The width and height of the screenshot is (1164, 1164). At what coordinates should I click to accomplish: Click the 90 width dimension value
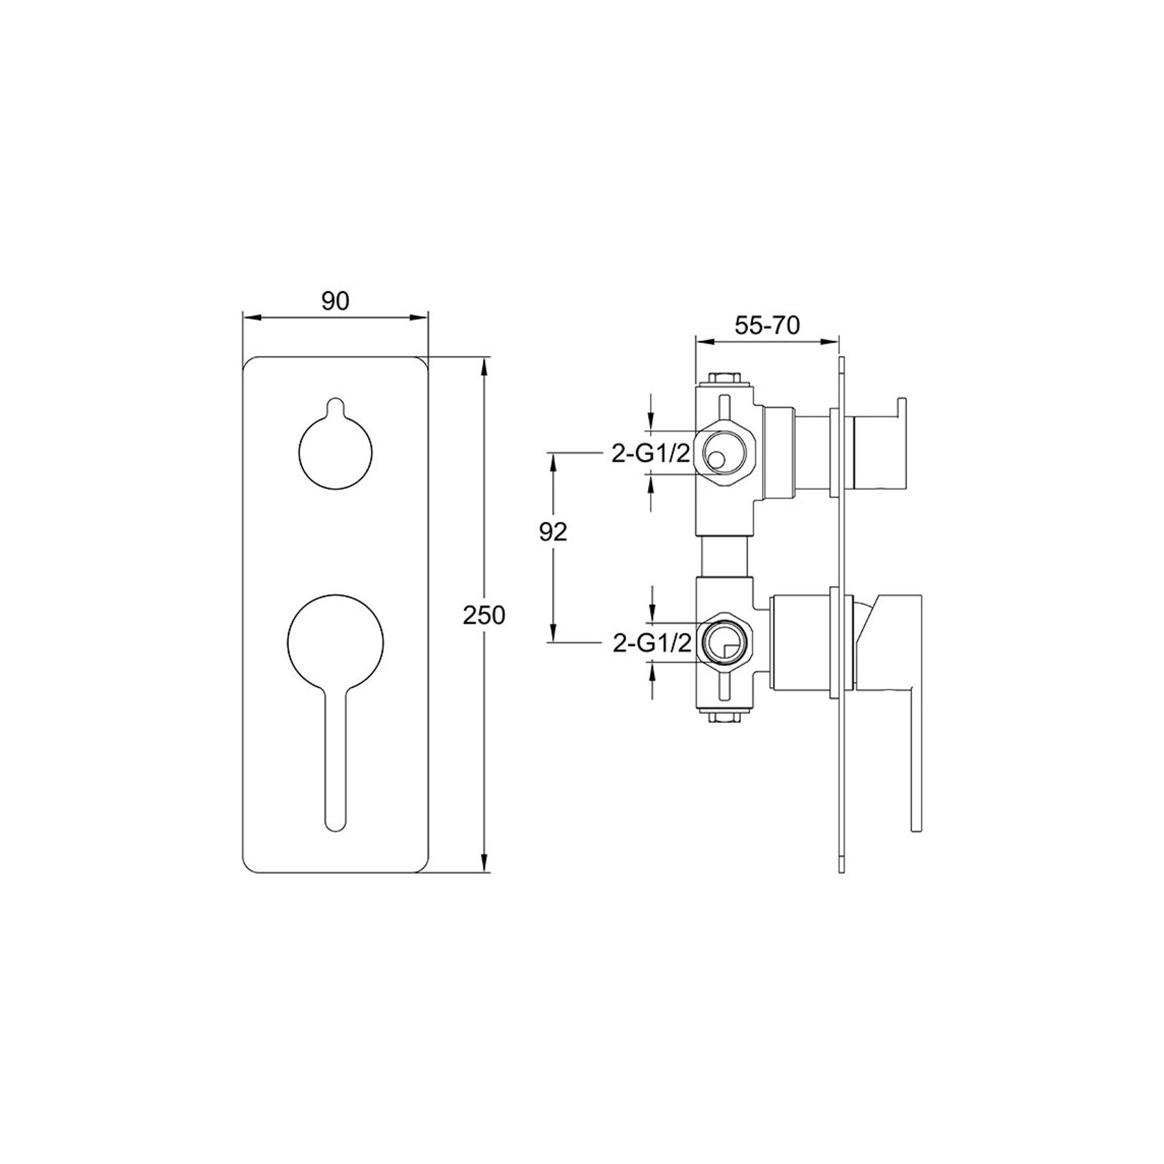(335, 301)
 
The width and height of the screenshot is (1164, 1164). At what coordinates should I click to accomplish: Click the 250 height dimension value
(484, 615)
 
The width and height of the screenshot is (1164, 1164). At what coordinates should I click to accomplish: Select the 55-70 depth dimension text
(767, 325)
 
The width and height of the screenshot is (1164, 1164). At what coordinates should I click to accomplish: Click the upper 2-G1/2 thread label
(650, 454)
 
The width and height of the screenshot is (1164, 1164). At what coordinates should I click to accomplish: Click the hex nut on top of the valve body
(724, 379)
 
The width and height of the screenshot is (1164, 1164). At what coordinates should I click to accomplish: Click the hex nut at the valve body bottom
(724, 718)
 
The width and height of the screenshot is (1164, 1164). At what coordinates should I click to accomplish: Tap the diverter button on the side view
(879, 444)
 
